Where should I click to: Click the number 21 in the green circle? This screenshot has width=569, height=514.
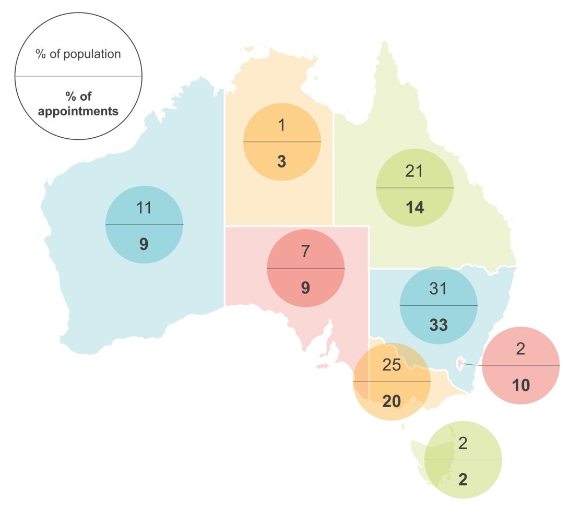414,171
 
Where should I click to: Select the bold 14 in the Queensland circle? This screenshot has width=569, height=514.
414,207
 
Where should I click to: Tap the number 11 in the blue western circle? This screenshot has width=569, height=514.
144,207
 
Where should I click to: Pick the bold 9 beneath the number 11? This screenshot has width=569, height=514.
144,243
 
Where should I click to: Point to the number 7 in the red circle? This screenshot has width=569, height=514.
305,252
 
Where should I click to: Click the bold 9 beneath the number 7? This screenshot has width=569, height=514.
305,288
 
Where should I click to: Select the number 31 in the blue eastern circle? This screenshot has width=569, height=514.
438,288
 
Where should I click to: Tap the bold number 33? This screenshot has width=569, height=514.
438,325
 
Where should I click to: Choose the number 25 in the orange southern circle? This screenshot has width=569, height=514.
392,365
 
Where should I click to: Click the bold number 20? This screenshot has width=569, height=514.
392,401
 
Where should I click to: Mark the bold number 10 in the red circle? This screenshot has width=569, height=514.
521,386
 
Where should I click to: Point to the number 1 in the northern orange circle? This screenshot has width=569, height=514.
282,125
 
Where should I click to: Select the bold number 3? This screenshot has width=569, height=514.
282,161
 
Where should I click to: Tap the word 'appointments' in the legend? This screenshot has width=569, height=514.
78,111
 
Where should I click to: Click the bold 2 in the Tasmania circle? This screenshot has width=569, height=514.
463,479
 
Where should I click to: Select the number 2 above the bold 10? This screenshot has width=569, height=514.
521,349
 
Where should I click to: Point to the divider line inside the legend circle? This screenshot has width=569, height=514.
78,76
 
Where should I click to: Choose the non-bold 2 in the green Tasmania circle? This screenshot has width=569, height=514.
463,443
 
